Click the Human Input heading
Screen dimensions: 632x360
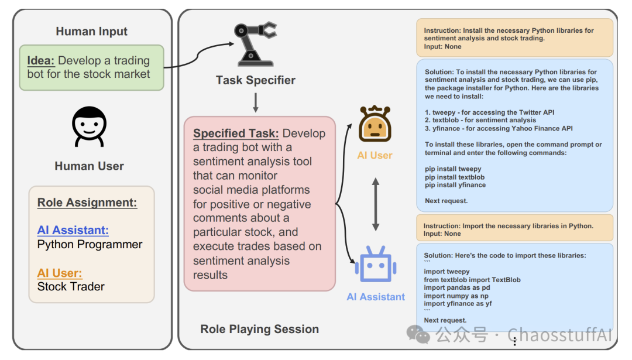pos(91,32)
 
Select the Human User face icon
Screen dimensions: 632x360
pos(89,126)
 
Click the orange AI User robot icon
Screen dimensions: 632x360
pos(375,124)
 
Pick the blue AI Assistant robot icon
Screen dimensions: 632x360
pos(376,264)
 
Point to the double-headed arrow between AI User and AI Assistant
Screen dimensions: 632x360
pos(375,204)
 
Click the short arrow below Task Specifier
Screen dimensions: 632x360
pos(256,103)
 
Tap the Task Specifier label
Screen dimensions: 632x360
pos(256,80)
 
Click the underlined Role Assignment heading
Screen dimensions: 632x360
pos(87,203)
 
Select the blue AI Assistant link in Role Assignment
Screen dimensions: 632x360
pos(73,230)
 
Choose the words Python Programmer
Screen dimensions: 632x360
pos(90,245)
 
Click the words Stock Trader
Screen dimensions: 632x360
pos(71,287)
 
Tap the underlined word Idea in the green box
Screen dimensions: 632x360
pos(41,60)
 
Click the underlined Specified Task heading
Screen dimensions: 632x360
pos(236,133)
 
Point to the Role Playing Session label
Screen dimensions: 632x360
pos(260,330)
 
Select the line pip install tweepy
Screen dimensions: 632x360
pos(453,169)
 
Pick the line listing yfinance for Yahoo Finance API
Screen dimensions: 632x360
pos(499,129)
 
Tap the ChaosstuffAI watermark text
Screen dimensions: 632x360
pos(559,335)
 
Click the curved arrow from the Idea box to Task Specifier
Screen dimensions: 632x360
pos(198,56)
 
